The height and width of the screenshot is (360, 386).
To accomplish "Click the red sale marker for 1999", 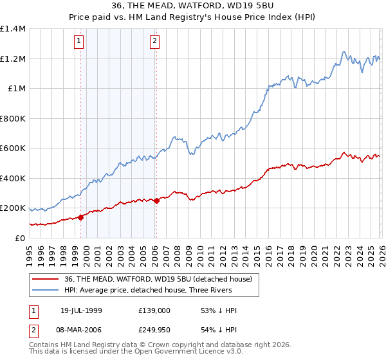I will pyautogui.click(x=80, y=217).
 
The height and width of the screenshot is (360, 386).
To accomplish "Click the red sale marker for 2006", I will pyautogui.click(x=156, y=201).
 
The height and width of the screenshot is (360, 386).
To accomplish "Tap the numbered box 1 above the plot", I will pyautogui.click(x=78, y=42).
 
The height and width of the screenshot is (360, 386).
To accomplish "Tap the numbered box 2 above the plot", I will pyautogui.click(x=155, y=42).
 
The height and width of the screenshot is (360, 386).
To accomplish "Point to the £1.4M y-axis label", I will pyautogui.click(x=13, y=29).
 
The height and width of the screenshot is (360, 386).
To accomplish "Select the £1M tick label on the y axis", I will pyautogui.click(x=17, y=89).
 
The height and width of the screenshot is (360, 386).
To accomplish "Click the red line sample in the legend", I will pyautogui.click(x=46, y=278).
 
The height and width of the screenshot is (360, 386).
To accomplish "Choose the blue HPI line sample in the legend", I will pyautogui.click(x=46, y=290).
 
